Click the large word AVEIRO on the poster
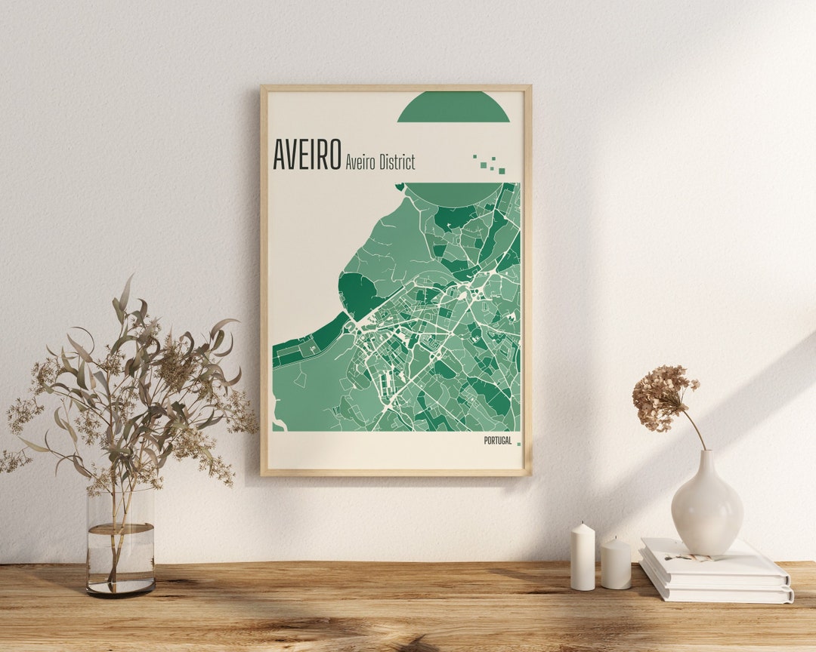pos(306,155)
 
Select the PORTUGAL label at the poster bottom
pos(497,441)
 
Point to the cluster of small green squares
pos(490,164)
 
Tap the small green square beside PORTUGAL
pos(518,444)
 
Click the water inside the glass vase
pos(121,558)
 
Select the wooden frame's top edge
pos(396,88)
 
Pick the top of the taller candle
pos(583,527)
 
